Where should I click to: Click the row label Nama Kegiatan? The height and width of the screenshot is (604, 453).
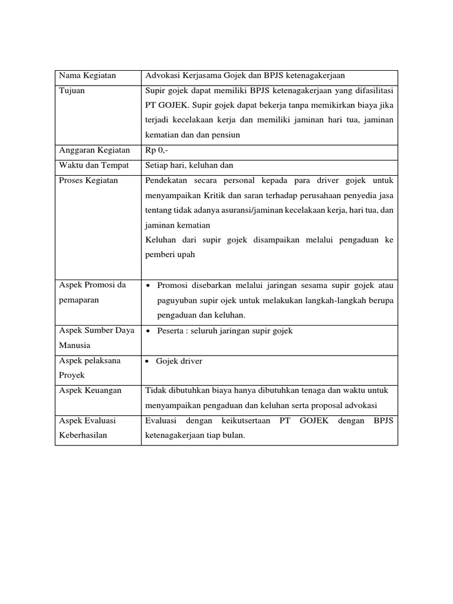coord(87,76)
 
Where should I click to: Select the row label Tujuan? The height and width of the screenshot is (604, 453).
coord(72,91)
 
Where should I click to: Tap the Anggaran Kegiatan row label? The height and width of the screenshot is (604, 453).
coord(94,151)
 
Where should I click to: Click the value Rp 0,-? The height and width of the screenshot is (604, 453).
coord(156,151)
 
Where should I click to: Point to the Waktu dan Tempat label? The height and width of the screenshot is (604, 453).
coord(93,166)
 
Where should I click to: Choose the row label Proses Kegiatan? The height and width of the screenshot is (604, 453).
coord(88,180)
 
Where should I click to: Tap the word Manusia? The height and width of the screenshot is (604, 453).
coord(75,346)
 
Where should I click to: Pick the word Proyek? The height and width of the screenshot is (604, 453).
coord(72,376)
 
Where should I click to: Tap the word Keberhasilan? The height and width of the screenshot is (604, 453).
coord(83,436)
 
